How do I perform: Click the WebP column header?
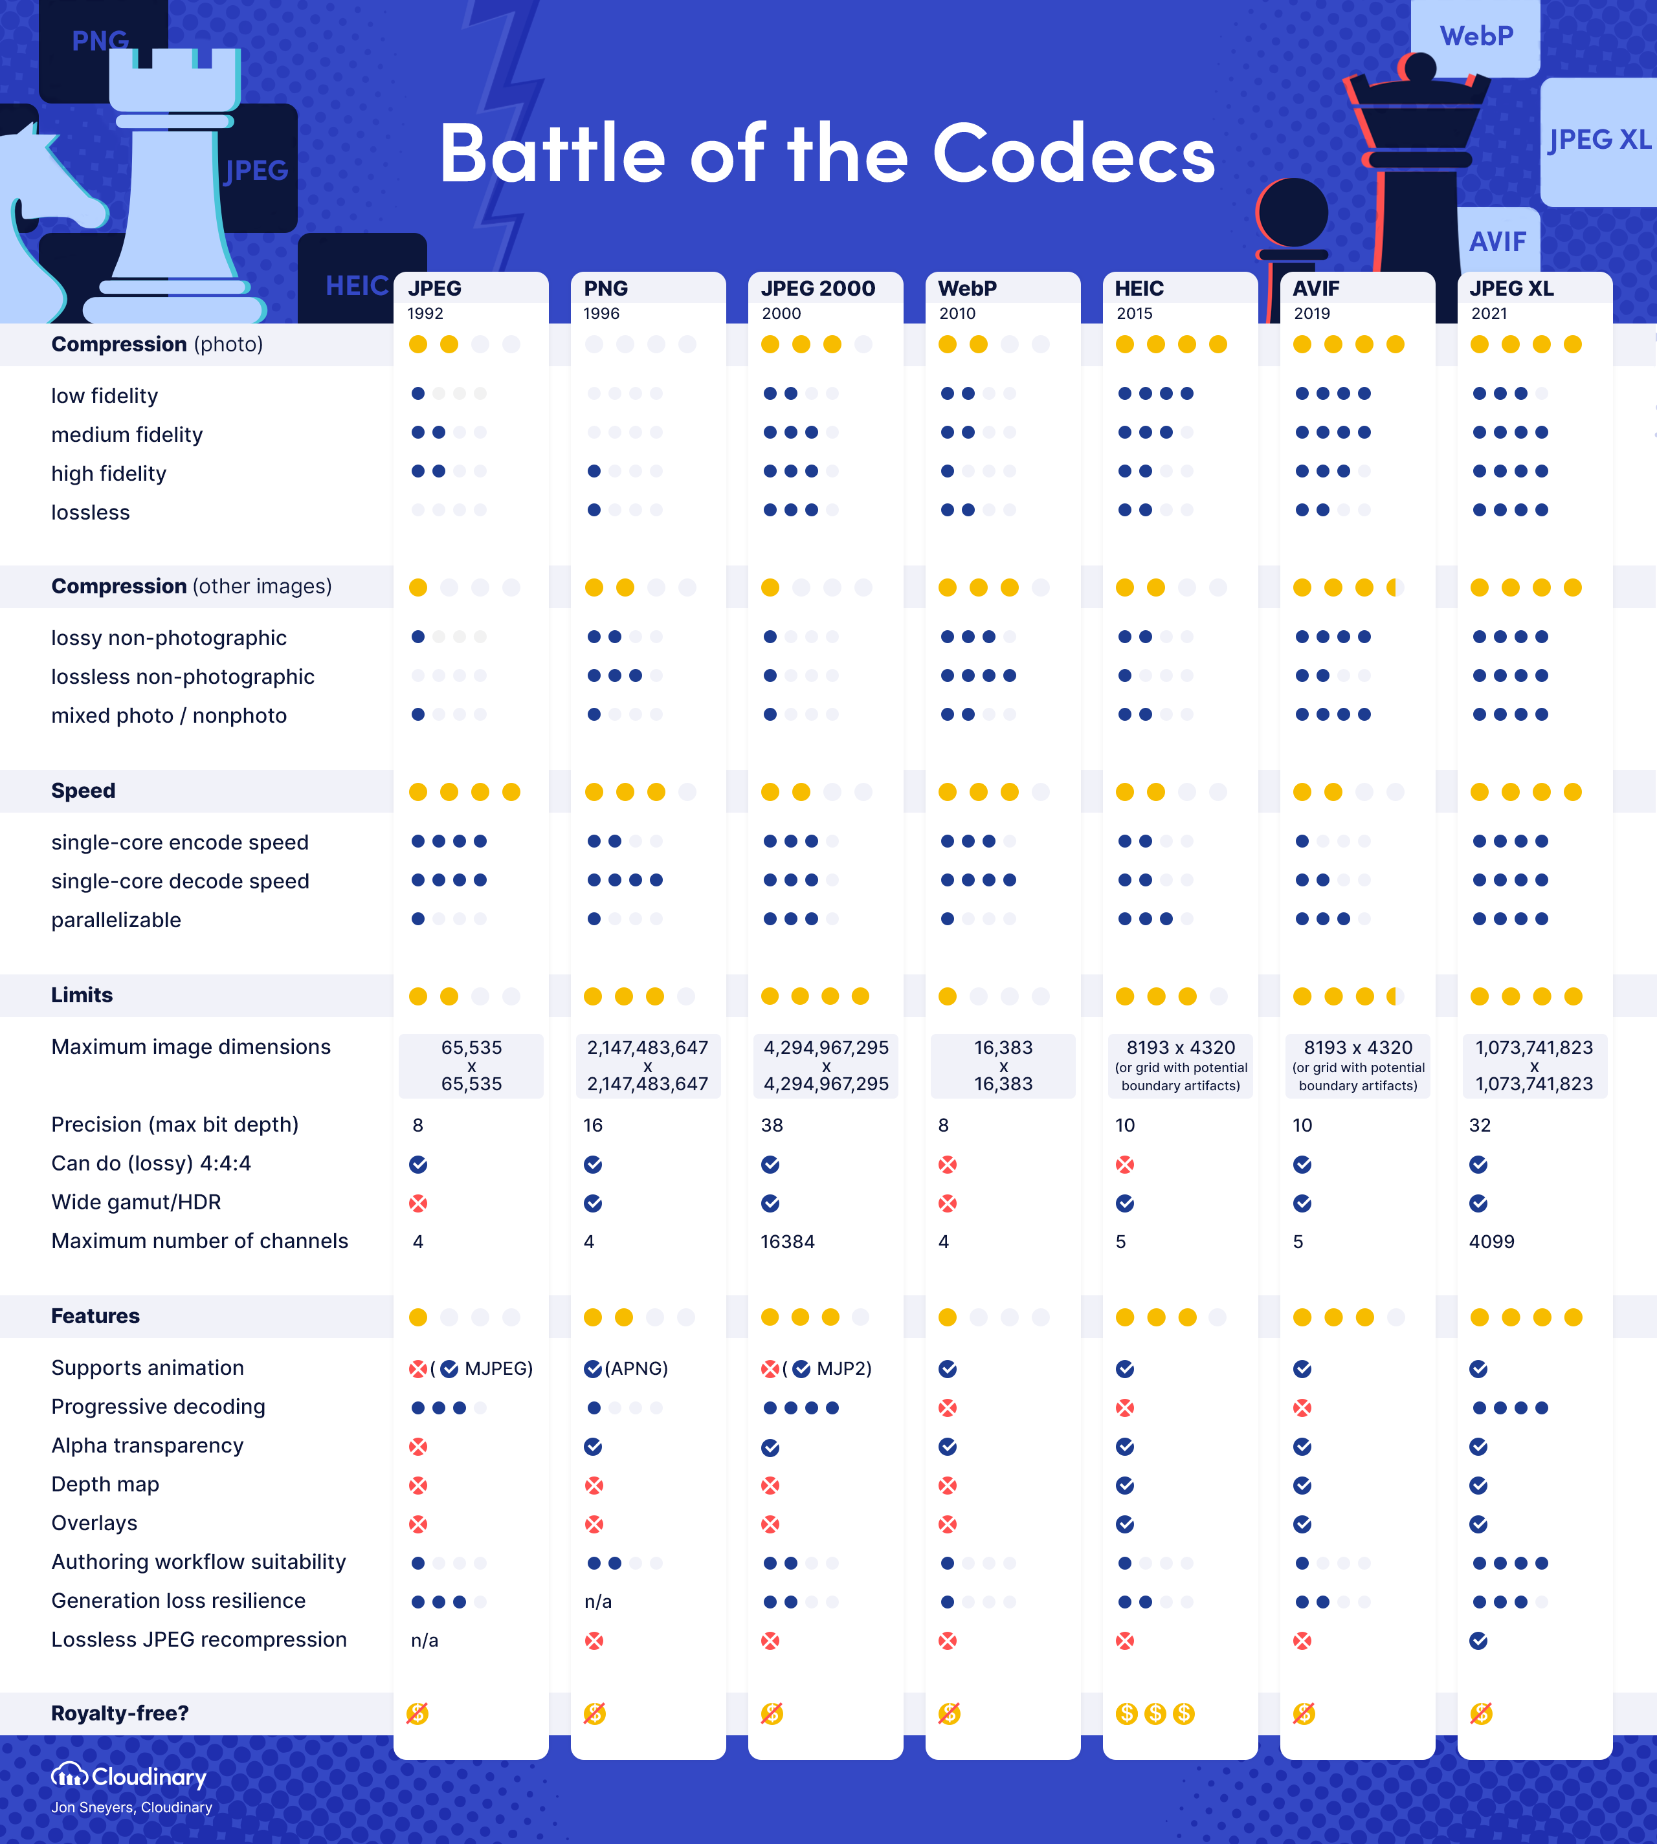tap(967, 289)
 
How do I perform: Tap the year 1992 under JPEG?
tap(425, 314)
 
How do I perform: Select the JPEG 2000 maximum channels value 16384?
tap(788, 1242)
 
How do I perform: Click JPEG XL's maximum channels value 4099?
tap(1491, 1242)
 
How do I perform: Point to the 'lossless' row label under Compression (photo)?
tap(90, 512)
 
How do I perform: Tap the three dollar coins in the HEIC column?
tap(1155, 1714)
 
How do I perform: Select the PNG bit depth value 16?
tap(593, 1125)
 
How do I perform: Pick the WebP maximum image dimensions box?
tap(1003, 1066)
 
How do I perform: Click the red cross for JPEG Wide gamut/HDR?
tap(418, 1203)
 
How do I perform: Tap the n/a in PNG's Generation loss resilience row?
tap(598, 1602)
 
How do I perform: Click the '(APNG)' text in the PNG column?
tap(636, 1368)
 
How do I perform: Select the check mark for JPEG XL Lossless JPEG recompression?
tap(1478, 1640)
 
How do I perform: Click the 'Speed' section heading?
tap(83, 791)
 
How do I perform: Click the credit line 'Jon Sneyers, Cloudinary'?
tap(131, 1808)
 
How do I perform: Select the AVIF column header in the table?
tap(1316, 289)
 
